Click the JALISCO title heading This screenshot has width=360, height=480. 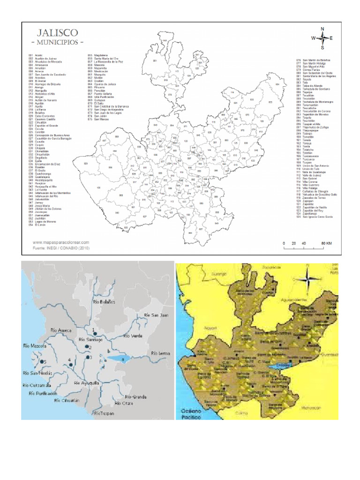click(x=55, y=33)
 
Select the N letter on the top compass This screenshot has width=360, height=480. click(x=322, y=29)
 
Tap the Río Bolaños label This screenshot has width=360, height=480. click(x=104, y=302)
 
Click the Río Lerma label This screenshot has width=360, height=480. click(x=161, y=352)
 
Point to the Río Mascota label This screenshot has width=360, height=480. click(x=35, y=345)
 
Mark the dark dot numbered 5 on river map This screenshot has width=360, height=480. click(x=41, y=361)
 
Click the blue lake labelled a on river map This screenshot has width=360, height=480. click(x=118, y=359)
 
